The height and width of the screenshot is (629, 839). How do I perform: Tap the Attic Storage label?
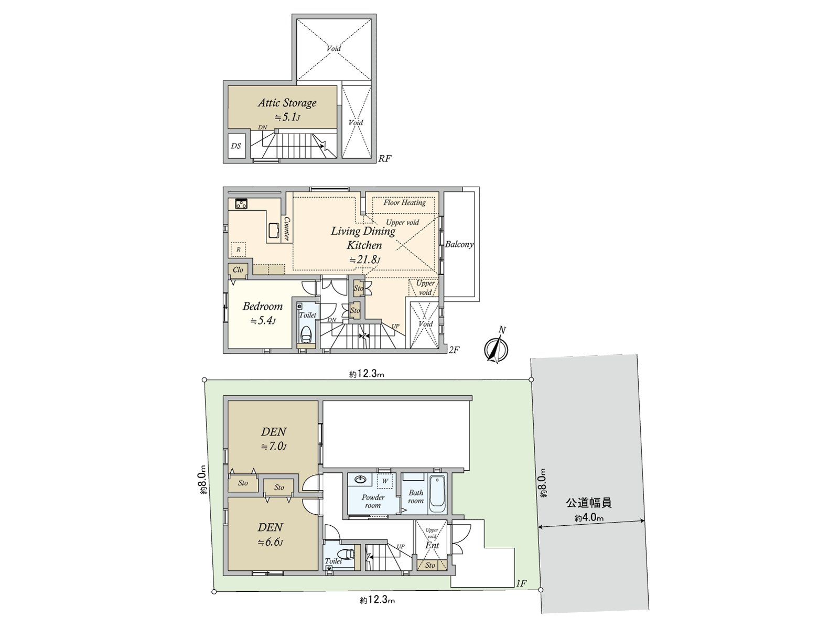[287, 103]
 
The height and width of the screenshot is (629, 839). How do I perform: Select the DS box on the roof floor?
[236, 146]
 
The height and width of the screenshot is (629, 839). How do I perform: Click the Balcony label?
[459, 244]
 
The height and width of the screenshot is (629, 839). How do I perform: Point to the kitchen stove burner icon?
[241, 204]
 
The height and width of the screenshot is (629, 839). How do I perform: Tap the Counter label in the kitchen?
[287, 229]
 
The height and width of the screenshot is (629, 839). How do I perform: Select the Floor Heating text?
[404, 202]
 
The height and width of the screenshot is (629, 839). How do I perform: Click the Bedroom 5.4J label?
[262, 307]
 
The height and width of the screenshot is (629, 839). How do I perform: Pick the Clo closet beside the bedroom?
[238, 269]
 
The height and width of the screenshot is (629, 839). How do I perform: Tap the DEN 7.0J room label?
[273, 432]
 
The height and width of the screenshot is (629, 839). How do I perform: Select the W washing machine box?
[385, 480]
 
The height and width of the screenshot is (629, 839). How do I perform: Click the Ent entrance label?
[432, 546]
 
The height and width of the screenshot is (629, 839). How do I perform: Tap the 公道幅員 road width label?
[588, 503]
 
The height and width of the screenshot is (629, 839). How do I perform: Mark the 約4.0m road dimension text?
[589, 518]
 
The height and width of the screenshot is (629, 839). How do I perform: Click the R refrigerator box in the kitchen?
[238, 250]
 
